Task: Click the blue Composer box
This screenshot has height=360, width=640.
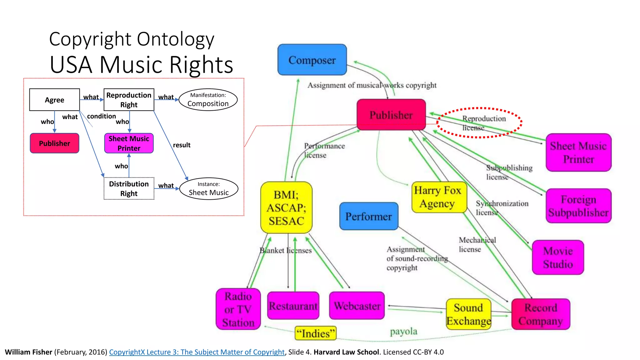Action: point(312,60)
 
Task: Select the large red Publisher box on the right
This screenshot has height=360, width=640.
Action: point(391,115)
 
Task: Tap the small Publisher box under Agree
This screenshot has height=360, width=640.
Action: point(54,143)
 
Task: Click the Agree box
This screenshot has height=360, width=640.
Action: point(54,100)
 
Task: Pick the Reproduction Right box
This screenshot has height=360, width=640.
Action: point(129,100)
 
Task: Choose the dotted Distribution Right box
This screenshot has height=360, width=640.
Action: point(129,188)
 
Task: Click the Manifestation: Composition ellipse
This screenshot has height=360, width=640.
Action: point(208,100)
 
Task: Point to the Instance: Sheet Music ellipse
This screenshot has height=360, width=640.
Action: point(209,189)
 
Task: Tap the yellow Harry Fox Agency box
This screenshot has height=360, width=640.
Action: point(439,197)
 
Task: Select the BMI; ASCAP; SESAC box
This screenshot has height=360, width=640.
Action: point(286,207)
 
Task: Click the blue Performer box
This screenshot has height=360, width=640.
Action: point(369,216)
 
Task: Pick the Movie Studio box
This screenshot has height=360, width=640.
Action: point(558,257)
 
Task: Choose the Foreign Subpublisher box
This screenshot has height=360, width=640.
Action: point(578,206)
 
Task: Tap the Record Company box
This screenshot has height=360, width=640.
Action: point(541,314)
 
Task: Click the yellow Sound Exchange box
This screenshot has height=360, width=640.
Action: point(468,314)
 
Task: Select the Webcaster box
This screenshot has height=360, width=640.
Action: point(357,306)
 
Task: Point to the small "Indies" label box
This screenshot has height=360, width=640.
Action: point(315,333)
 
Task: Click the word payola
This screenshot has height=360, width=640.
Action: point(403,331)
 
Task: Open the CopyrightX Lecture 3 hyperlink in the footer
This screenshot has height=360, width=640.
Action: point(197,352)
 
